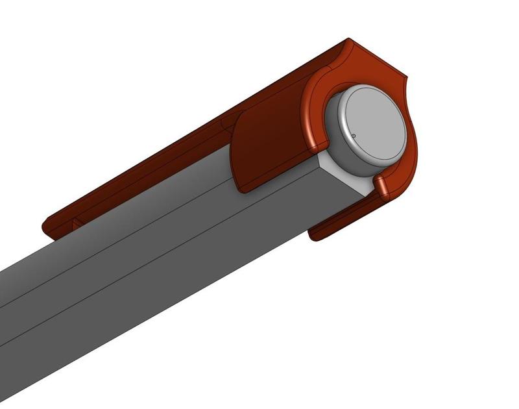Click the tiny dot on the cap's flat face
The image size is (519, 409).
[354, 136]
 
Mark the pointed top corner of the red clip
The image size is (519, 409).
[348, 40]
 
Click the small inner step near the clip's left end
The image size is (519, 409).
[75, 222]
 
